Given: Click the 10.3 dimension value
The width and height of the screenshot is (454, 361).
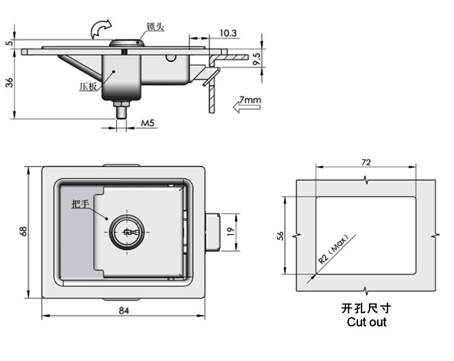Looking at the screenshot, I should coord(227,33).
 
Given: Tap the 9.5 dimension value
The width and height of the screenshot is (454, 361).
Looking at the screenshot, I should coord(257,59).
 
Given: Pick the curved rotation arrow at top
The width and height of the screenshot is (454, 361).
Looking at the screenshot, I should coord(101,27).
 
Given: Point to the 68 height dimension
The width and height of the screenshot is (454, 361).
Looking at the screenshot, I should coord(23,231).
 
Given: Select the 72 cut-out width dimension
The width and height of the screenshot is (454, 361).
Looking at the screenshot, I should coord(366,163).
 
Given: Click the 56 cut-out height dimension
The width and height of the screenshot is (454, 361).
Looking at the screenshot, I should coord(280,236).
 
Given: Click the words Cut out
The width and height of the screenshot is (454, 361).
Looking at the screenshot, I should coord(366,322).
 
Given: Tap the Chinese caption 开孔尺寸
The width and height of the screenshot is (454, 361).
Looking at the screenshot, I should coord(366,309).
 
